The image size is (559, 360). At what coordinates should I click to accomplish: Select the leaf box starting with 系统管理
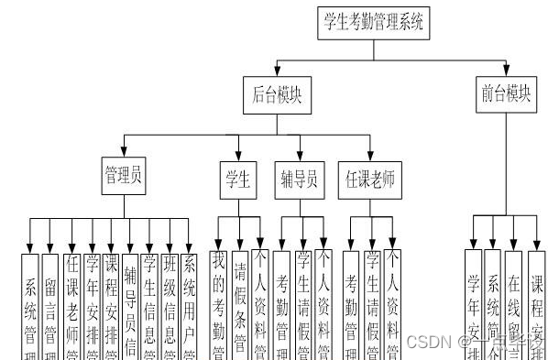point(30,307)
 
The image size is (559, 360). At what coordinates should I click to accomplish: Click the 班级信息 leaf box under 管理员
point(170,307)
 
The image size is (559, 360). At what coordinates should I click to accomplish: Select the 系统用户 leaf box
point(190,307)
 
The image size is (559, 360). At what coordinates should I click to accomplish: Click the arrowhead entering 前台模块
point(507,71)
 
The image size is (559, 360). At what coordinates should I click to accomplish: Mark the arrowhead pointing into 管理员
point(122,157)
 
